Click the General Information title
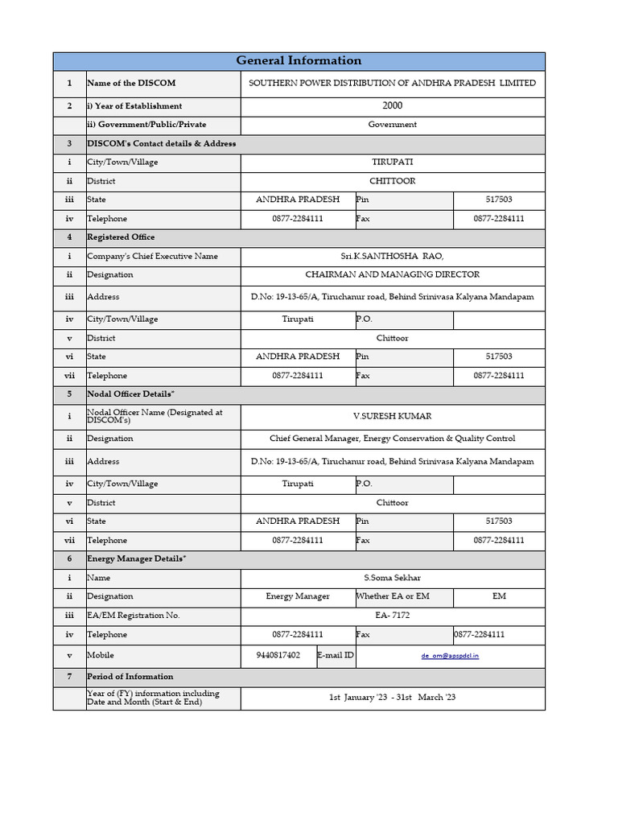pos(299,61)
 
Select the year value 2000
pos(393,105)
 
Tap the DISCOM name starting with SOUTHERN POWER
pos(392,83)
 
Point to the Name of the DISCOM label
pos(131,83)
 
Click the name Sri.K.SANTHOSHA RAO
pos(392,256)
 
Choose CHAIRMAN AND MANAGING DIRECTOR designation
pos(392,274)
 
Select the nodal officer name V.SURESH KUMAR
pos(392,416)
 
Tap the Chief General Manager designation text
pos(392,439)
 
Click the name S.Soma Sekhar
pos(392,578)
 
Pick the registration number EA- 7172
pos(392,615)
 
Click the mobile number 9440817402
pos(278,655)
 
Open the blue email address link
pos(450,656)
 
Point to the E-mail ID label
pos(336,655)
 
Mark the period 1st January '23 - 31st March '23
pos(392,697)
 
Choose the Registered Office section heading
pos(121,237)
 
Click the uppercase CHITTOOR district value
pos(392,181)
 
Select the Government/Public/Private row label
pos(146,125)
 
